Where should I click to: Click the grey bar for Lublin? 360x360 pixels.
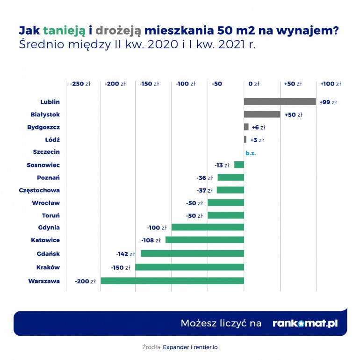(x=280, y=101)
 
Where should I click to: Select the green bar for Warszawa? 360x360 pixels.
(x=172, y=281)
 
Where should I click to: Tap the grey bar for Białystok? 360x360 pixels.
(x=262, y=115)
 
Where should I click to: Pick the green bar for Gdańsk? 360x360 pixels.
(x=192, y=253)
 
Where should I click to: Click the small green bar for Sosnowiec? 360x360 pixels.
(x=239, y=165)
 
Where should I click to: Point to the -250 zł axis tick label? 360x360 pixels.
(x=80, y=84)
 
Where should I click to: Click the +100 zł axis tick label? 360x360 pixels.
(x=331, y=84)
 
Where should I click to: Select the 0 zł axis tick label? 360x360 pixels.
(x=253, y=84)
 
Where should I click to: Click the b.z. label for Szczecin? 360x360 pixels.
(x=251, y=152)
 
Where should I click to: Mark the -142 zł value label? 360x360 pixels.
(x=125, y=254)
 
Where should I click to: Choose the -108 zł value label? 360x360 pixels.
(x=151, y=240)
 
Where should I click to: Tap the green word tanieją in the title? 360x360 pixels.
(x=65, y=31)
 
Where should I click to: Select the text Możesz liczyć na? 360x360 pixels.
(x=221, y=324)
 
